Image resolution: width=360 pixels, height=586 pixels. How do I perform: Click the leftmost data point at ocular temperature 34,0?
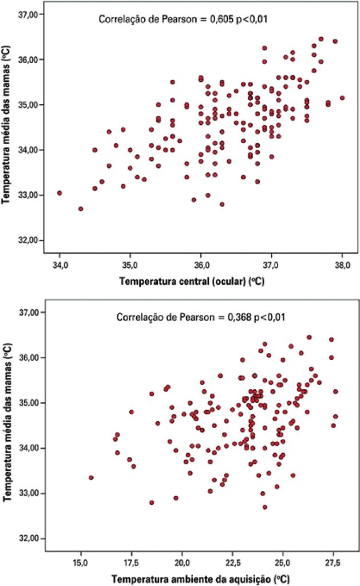pyautogui.click(x=60, y=193)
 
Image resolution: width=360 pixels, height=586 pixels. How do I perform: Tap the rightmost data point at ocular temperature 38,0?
pyautogui.click(x=342, y=98)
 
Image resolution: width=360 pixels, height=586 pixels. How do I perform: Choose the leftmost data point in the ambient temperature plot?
pyautogui.click(x=91, y=477)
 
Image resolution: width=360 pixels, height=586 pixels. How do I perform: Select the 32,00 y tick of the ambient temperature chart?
pyautogui.click(x=29, y=539)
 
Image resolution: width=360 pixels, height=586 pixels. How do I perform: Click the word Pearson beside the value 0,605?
pyautogui.click(x=169, y=19)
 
